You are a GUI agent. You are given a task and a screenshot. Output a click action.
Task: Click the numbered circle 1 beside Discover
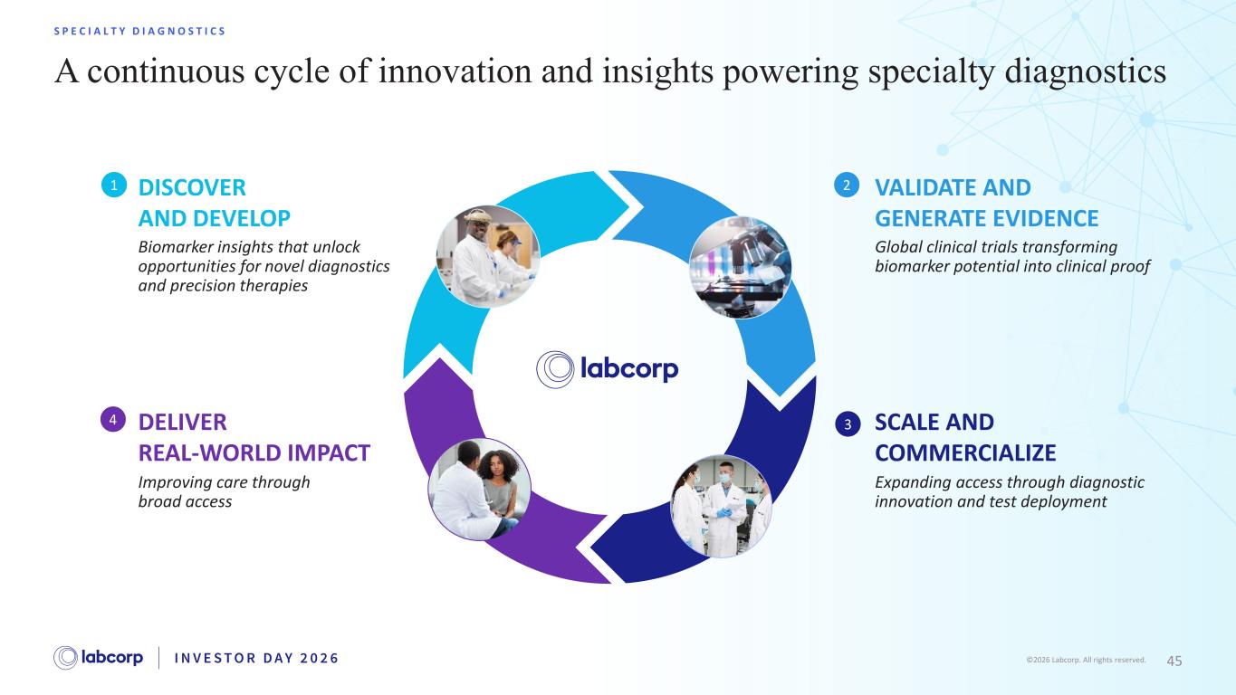114,185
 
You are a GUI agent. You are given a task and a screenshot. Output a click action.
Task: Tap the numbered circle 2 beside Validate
847,185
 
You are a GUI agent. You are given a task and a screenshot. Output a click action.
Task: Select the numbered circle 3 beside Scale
848,424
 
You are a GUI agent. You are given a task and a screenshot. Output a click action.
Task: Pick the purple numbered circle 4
113,420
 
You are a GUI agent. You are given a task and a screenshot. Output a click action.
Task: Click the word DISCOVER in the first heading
192,187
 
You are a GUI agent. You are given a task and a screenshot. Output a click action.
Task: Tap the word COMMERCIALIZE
965,452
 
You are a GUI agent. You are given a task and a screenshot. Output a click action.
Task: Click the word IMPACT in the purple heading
329,452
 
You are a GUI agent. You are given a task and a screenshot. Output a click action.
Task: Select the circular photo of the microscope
741,268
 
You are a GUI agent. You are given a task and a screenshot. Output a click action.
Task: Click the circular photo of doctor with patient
480,490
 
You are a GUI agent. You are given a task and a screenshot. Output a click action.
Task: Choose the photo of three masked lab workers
721,506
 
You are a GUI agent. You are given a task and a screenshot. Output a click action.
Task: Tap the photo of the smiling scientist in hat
488,256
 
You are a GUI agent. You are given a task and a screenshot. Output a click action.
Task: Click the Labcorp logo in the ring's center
607,369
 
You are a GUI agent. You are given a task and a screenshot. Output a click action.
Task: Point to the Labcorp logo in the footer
98,658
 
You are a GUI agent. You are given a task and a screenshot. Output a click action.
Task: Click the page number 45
1174,661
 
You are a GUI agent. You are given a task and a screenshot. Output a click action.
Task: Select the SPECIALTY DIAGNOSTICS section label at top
139,32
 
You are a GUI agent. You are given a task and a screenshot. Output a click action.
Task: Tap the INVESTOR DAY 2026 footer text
256,658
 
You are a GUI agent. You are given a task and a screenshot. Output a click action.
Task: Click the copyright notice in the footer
1086,661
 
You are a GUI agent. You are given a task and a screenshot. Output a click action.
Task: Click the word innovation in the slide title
455,71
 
